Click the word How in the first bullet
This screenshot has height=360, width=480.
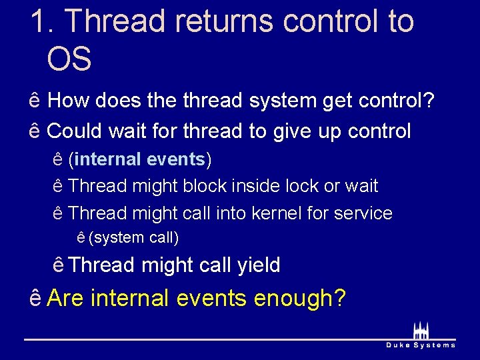pos(70,101)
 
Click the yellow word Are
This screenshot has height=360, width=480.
pos(66,297)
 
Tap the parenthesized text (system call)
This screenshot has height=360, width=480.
pos(133,237)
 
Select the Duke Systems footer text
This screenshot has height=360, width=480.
pos(421,345)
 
